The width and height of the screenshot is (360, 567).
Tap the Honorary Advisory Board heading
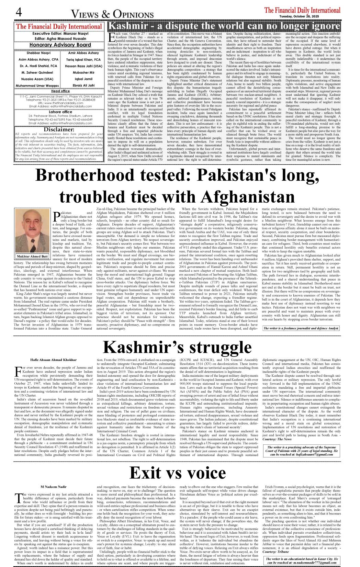click(x=60, y=45)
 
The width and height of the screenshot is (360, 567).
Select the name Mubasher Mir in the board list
click(x=83, y=72)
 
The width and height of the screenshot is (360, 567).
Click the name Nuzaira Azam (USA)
click(x=37, y=79)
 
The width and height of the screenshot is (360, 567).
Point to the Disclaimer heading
click(x=59, y=129)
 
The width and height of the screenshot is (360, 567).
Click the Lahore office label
click(x=60, y=112)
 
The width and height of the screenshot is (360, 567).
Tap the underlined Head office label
click(x=60, y=91)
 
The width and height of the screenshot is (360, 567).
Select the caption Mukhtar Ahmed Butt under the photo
click(x=33, y=256)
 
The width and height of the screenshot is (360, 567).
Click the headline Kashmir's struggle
click(x=177, y=347)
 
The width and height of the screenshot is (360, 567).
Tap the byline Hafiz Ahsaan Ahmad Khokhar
click(x=54, y=360)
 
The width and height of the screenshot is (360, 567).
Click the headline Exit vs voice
click(x=177, y=473)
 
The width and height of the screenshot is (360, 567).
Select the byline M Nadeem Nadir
click(x=54, y=487)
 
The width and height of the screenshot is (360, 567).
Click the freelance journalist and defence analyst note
click(x=301, y=328)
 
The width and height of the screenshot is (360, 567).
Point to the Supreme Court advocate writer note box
click(x=302, y=451)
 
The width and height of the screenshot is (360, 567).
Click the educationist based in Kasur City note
click(x=302, y=560)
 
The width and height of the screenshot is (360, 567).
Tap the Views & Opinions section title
click(x=112, y=14)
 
